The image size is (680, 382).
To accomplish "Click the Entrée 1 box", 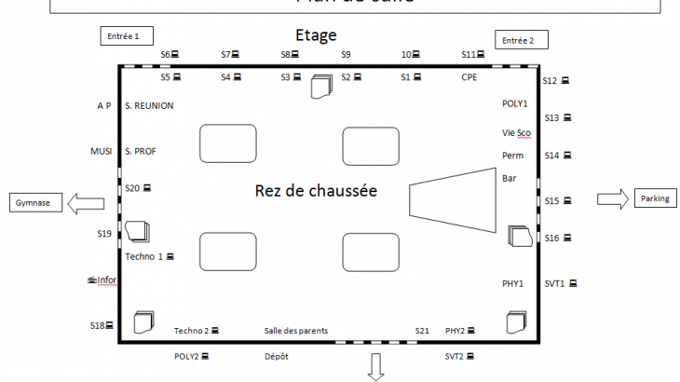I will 125,36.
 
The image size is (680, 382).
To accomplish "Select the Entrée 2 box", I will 520,39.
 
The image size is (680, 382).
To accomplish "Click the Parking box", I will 655,198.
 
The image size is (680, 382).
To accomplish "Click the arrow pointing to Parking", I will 612,198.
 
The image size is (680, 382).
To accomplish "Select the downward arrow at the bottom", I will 377,367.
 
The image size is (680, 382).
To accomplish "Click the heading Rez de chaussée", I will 315,191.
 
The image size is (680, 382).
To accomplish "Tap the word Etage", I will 316,36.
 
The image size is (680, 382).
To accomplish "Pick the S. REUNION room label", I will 149,106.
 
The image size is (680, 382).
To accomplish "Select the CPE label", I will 469,77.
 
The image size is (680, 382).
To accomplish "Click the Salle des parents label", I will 296,331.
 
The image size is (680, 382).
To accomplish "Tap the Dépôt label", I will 278,356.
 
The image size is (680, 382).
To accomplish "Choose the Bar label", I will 509,178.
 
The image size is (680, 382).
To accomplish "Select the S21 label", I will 422,331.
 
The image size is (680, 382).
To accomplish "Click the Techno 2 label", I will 192,331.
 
